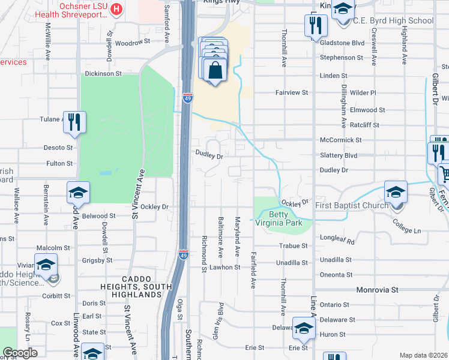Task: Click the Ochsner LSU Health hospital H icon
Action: pos(117,10)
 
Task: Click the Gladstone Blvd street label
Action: pos(342,43)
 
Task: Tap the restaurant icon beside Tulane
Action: pos(75,122)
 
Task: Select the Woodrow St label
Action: pos(132,43)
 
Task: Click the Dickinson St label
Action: pos(103,74)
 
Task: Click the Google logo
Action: pos(20,353)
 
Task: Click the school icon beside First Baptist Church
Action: pos(396,192)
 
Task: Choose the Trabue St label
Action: pos(294,246)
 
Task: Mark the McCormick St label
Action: pos(340,140)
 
